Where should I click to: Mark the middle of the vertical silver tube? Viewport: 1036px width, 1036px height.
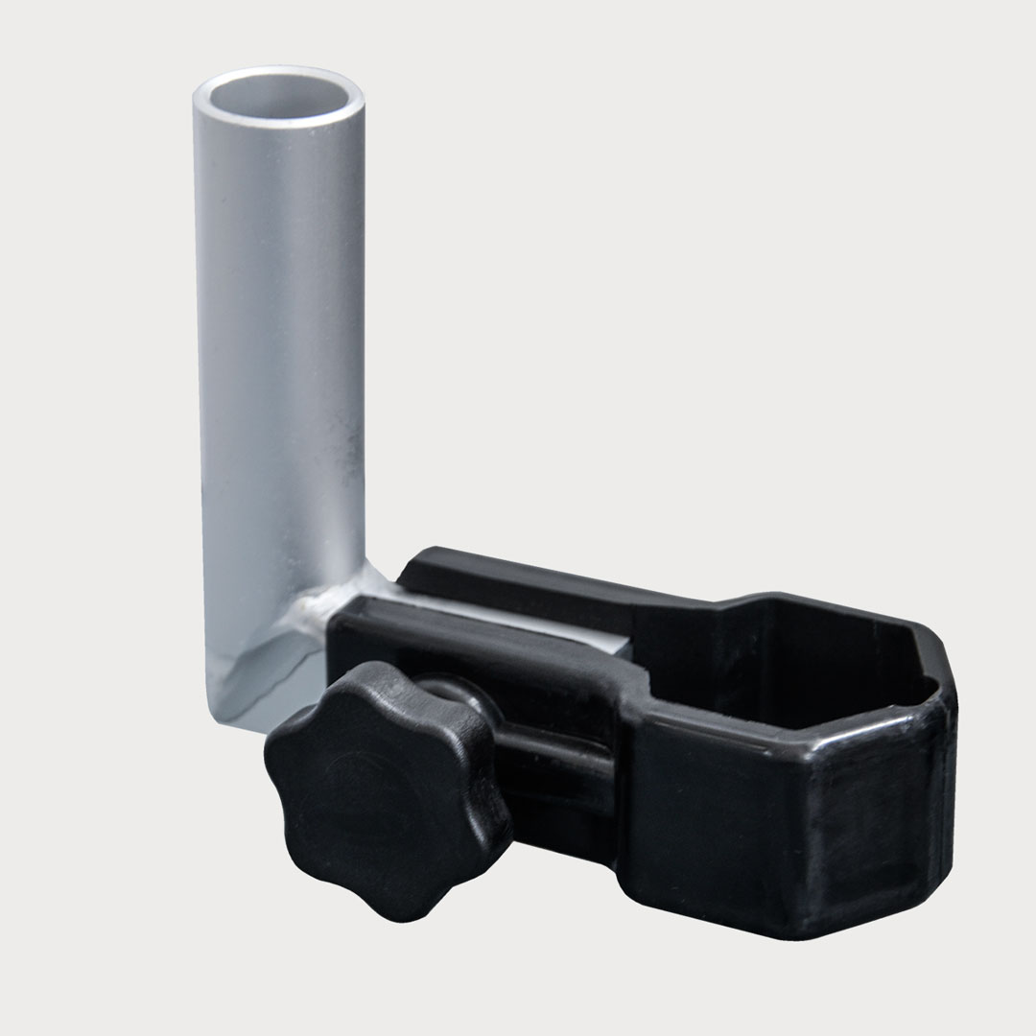pyautogui.click(x=278, y=384)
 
